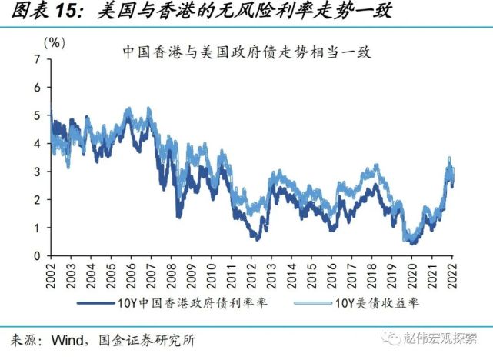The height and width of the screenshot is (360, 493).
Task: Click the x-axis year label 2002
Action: (51, 273)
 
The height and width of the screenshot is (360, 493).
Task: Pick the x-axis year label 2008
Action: (171, 273)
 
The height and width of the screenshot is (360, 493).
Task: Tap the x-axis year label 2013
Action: (271, 273)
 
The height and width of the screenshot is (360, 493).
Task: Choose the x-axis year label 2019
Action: (391, 273)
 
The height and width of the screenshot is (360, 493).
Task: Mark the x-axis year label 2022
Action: (451, 273)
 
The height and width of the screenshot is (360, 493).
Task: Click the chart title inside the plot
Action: (246, 53)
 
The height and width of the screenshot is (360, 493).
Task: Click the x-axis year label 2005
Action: (111, 273)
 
